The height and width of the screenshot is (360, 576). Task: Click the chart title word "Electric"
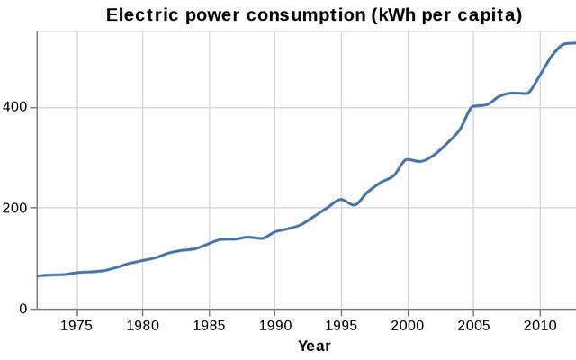click(x=139, y=15)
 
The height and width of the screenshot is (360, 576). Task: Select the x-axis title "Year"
click(x=314, y=346)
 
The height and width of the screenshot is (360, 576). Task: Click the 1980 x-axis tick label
click(x=144, y=324)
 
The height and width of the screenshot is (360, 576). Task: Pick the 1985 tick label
click(x=210, y=324)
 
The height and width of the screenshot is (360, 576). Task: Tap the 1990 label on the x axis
click(x=275, y=324)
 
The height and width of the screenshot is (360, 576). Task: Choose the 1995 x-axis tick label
click(x=341, y=324)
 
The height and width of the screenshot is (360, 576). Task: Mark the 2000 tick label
click(x=408, y=324)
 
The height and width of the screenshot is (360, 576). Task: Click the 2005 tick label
click(x=473, y=324)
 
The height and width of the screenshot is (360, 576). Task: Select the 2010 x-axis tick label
click(x=539, y=324)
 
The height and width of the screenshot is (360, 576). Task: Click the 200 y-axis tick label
click(x=19, y=208)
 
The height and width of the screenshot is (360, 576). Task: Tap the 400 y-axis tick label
click(x=19, y=107)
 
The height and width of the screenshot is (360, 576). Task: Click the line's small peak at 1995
click(x=340, y=199)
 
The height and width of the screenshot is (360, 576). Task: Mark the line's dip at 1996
click(x=355, y=205)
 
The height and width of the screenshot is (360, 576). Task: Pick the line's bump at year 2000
click(x=408, y=159)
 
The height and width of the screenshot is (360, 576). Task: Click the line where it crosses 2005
click(x=473, y=106)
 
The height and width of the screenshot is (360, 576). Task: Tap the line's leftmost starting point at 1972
click(x=38, y=275)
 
